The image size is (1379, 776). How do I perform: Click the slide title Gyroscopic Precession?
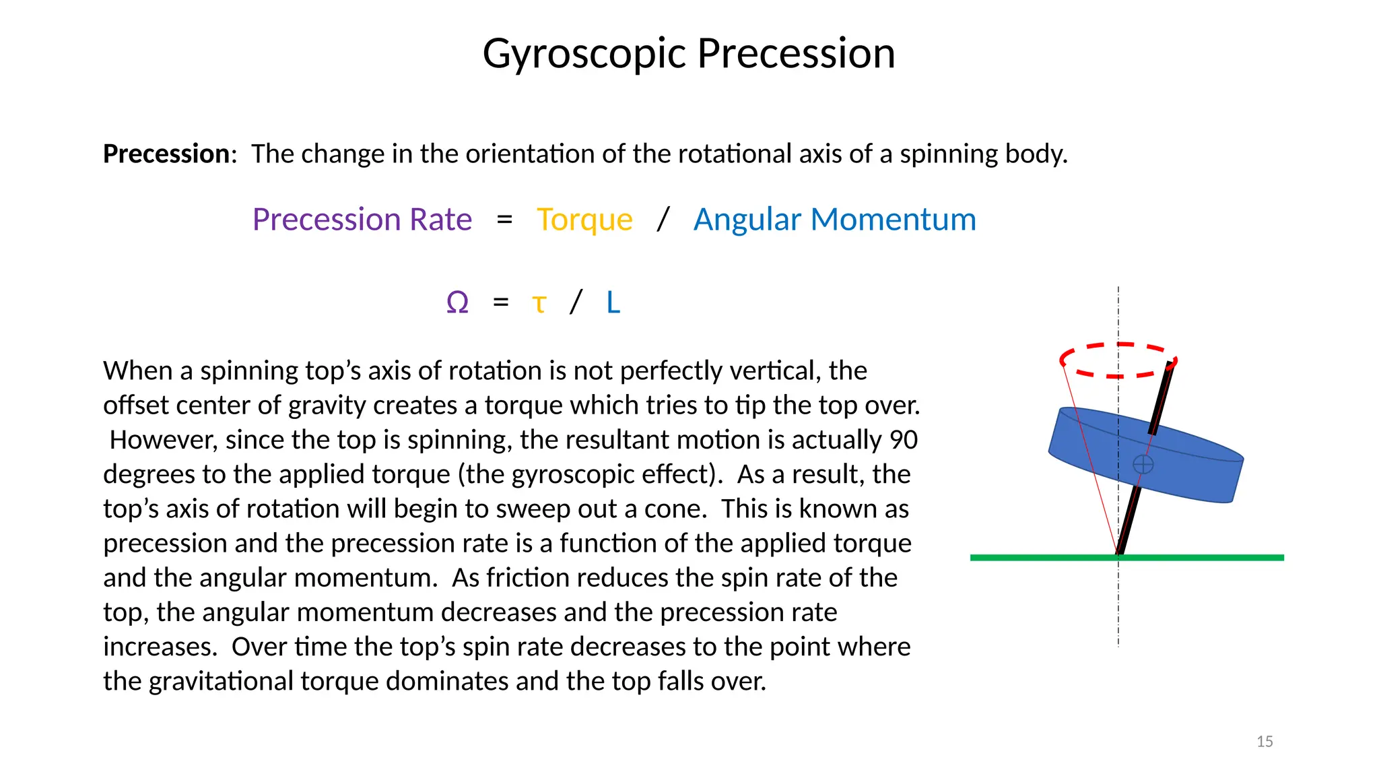[689, 53]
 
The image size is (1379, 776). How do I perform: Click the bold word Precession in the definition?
[166, 154]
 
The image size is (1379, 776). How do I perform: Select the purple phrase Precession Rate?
[362, 220]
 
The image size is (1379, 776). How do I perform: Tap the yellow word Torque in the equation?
[584, 220]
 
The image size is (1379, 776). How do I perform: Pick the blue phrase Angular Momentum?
[834, 220]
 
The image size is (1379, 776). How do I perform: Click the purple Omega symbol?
[457, 302]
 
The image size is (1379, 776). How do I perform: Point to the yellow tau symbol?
[539, 303]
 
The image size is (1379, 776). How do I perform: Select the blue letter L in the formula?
[613, 302]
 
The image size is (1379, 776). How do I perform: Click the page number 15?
[1265, 742]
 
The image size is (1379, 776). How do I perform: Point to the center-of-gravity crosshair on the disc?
[1143, 464]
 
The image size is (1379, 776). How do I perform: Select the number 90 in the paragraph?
[904, 440]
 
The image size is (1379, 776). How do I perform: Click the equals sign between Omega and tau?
[500, 302]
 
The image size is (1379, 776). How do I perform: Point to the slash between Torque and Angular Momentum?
[663, 220]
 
